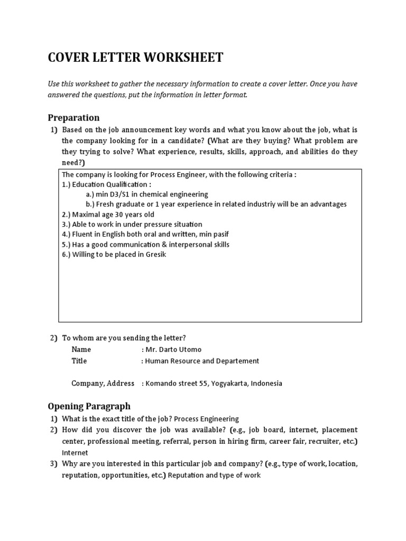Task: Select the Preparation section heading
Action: [73, 117]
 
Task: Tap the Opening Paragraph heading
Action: [89, 406]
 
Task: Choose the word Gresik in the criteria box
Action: [153, 255]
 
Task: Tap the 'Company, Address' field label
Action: [103, 383]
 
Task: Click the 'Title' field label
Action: [79, 361]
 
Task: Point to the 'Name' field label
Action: [81, 349]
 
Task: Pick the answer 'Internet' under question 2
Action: [75, 453]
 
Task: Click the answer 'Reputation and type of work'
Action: [214, 475]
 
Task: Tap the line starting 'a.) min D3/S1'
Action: [147, 194]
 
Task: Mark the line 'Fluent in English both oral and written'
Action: [145, 235]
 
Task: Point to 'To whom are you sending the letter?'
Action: [124, 338]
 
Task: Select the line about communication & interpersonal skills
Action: [145, 245]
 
